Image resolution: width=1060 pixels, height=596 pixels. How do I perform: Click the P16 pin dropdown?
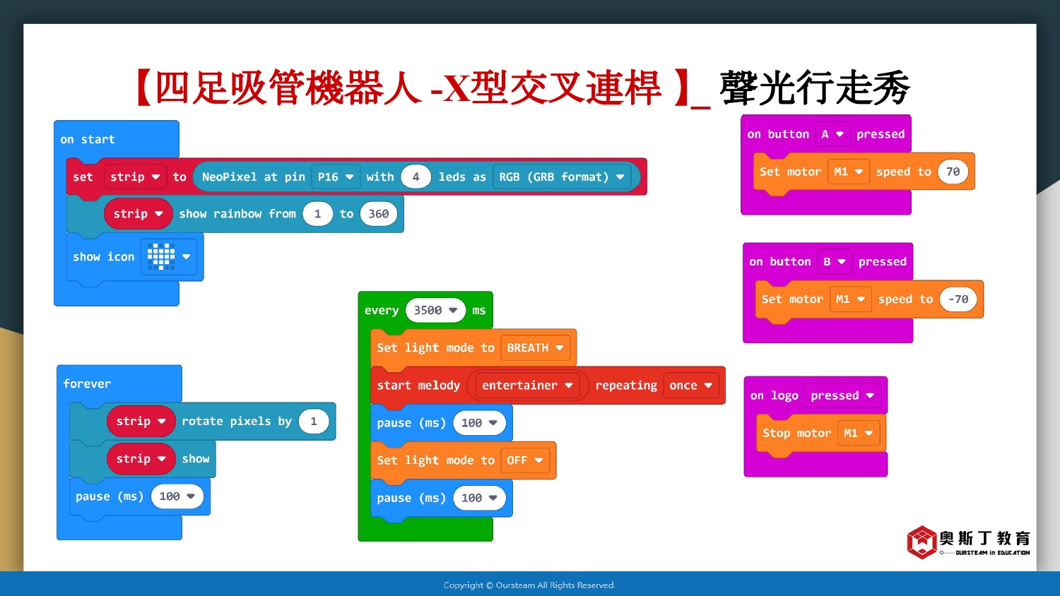tap(336, 177)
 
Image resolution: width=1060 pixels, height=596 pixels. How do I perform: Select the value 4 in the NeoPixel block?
tap(416, 177)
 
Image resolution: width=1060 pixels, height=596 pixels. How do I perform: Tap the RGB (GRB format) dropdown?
tap(562, 177)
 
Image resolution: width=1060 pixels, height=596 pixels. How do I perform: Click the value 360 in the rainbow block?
tap(378, 214)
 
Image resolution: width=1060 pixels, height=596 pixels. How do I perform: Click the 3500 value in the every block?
tap(435, 310)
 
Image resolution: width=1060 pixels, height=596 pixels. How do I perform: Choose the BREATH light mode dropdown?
tap(535, 348)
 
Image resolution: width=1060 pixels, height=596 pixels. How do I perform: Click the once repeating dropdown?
tap(691, 386)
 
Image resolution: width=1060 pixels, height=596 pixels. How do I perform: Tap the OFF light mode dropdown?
tap(525, 460)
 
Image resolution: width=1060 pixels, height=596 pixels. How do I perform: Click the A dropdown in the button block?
tap(832, 134)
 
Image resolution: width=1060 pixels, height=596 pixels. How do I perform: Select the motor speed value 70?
tap(953, 171)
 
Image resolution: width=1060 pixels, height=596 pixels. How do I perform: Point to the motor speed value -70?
tap(958, 299)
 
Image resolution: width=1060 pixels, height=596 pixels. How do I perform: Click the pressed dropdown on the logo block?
tap(842, 395)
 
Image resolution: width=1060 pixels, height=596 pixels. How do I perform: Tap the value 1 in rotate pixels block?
tap(313, 422)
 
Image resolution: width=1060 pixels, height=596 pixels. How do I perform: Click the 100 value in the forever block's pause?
tap(177, 496)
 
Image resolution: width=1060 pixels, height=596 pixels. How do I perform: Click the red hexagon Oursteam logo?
tap(921, 542)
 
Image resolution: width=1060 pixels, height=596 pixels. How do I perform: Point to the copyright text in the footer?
tap(529, 585)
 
